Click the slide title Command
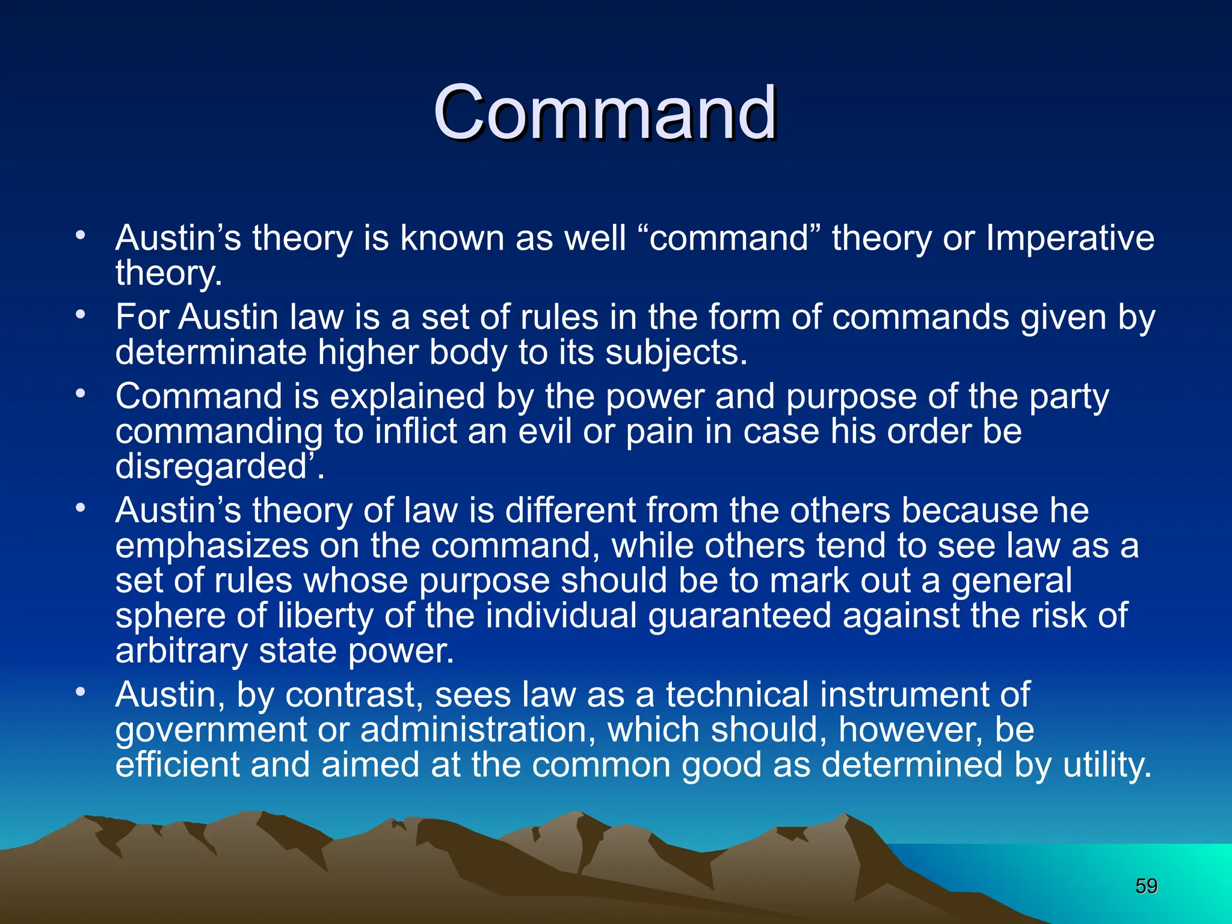[x=605, y=112]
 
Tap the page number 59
[x=1146, y=886]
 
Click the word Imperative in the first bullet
[x=1070, y=238]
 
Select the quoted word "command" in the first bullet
[x=729, y=238]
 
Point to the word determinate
[x=211, y=353]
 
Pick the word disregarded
[x=212, y=467]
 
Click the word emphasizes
[x=212, y=546]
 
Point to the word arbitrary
[x=181, y=651]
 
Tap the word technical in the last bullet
[x=736, y=695]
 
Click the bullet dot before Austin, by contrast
[x=81, y=692]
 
